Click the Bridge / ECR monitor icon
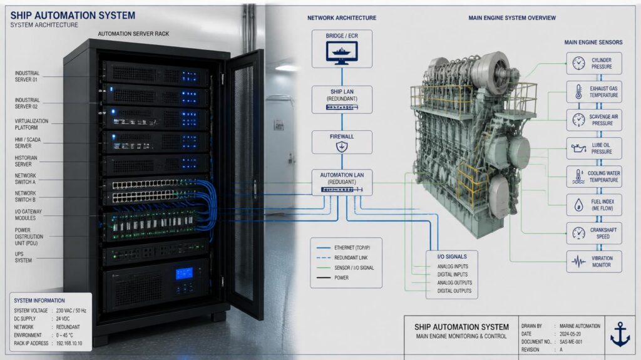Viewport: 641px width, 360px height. tap(342, 53)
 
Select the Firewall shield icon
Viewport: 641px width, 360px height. tap(342, 147)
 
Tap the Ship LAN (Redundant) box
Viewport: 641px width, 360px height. tap(342, 100)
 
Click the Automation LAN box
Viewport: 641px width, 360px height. tap(342, 182)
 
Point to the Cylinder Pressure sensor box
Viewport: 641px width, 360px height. tap(594, 63)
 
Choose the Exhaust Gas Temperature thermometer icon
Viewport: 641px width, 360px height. tap(578, 91)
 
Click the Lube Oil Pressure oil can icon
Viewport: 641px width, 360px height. tap(578, 148)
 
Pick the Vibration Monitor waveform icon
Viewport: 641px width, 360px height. tap(578, 262)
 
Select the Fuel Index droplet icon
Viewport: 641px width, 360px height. tap(578, 205)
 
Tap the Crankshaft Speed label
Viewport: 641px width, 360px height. tap(603, 233)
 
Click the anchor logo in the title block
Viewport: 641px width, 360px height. tap(620, 334)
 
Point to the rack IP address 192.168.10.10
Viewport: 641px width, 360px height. tap(69, 343)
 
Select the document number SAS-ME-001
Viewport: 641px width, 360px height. tap(571, 342)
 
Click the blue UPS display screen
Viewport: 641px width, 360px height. tap(184, 274)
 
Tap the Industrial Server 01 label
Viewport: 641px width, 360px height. tap(27, 76)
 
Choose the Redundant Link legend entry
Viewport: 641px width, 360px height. tap(342, 258)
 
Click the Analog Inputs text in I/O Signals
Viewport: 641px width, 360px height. tap(453, 266)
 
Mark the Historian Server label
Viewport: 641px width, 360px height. tap(26, 161)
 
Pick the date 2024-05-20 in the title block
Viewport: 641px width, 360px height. tap(570, 334)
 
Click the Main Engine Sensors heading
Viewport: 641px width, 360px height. tap(593, 42)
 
